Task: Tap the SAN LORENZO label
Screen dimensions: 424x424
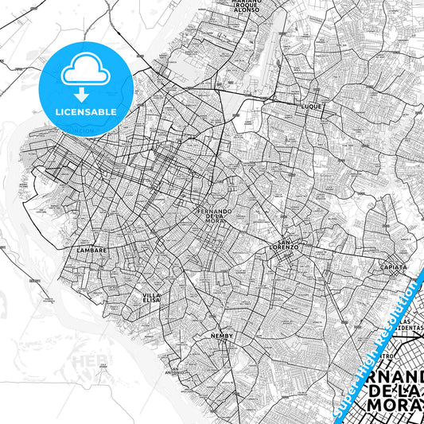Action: point(288,244)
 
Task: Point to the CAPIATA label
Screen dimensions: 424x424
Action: point(394,267)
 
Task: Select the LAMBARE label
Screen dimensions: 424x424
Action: point(91,250)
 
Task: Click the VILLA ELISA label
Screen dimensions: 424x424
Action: point(152,298)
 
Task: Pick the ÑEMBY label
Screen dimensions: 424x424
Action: point(220,337)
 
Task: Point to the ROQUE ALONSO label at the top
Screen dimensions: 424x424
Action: point(247,7)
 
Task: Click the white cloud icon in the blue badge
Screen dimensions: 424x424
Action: point(84,71)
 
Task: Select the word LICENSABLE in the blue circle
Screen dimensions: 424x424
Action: point(84,112)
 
